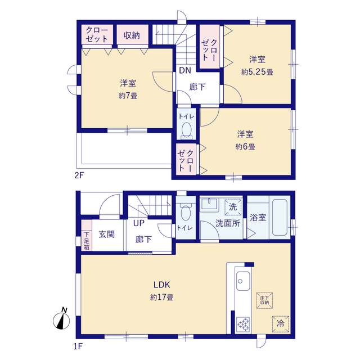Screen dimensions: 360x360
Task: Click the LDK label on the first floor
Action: [161, 285]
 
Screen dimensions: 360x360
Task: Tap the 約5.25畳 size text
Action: [257, 72]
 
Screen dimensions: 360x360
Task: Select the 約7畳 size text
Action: [128, 96]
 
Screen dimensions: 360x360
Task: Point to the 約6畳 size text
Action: [245, 147]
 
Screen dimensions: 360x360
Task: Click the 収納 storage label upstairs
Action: [132, 35]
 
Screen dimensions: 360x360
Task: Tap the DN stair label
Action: [185, 70]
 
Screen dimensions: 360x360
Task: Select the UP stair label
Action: [139, 223]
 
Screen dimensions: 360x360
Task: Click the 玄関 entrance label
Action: [106, 235]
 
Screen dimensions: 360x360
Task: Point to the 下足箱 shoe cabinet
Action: [87, 235]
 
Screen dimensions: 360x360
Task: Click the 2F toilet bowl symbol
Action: [186, 131]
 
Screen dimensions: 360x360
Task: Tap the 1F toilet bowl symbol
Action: [186, 211]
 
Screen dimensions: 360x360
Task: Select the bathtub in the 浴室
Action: [280, 217]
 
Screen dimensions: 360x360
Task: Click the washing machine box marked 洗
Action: [233, 207]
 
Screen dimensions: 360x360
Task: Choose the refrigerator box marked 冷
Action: [281, 324]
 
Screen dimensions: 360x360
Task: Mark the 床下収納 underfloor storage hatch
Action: [264, 300]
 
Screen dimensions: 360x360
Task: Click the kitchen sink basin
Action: [243, 281]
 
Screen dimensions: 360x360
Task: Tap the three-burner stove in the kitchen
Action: [244, 325]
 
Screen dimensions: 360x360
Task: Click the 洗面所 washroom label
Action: [228, 223]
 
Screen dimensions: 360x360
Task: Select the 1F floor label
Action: [78, 346]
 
